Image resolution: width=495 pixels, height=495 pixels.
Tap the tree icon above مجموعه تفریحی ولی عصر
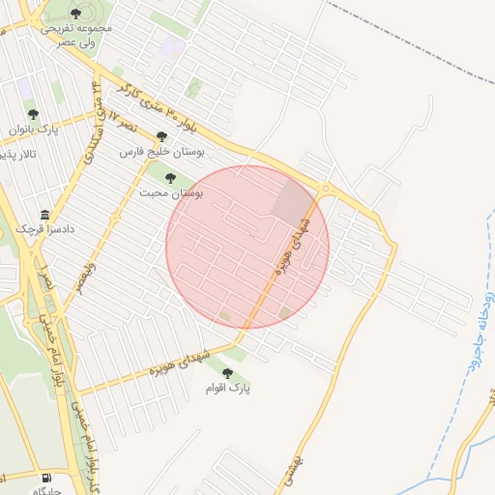point(76,14)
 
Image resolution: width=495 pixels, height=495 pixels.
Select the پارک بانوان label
point(34,129)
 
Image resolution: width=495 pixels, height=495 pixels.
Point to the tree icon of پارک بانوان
point(33,114)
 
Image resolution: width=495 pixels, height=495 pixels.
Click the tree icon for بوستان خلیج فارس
point(161,136)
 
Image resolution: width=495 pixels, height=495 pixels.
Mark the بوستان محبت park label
point(170,192)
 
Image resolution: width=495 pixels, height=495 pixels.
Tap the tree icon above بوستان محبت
point(171,178)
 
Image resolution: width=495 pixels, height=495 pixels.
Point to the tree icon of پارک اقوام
point(228,373)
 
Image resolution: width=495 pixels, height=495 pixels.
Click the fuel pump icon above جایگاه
point(47,478)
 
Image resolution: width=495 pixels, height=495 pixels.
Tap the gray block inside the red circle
point(291,199)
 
